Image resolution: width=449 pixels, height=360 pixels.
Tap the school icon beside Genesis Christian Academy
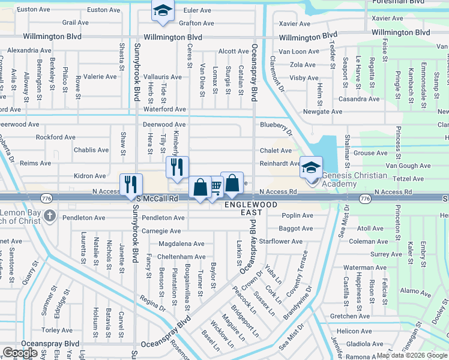[311, 167]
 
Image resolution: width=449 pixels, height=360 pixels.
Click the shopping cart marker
[215, 188]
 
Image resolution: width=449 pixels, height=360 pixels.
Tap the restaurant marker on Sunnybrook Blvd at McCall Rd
[130, 185]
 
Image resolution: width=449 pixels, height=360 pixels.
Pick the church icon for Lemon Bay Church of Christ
[50, 215]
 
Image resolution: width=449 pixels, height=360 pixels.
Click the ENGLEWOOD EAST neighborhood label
[251, 208]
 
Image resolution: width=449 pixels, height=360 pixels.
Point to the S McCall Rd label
[158, 198]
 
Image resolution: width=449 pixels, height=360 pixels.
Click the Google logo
[20, 353]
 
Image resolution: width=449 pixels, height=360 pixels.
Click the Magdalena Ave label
[181, 244]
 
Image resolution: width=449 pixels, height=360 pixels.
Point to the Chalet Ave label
[276, 151]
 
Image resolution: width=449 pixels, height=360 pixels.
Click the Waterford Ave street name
[164, 109]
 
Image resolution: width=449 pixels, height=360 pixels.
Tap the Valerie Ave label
[100, 77]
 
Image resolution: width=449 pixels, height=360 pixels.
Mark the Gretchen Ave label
[350, 316]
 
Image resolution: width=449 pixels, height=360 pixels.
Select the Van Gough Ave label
[408, 166]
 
